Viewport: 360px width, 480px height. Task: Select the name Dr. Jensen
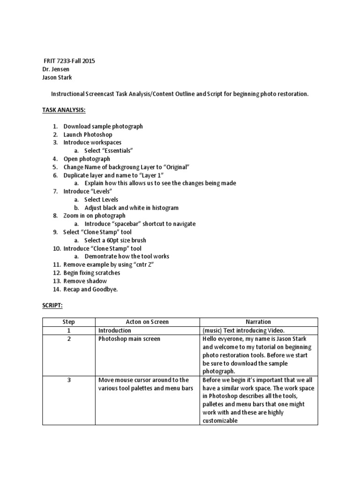[56, 69]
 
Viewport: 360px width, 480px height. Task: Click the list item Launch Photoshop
[88, 135]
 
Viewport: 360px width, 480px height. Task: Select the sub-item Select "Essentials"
[109, 150]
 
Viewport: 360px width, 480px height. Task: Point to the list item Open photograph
[87, 159]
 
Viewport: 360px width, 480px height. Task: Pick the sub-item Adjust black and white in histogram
[131, 208]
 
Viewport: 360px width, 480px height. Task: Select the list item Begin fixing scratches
[92, 273]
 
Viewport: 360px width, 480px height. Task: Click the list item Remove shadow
[85, 281]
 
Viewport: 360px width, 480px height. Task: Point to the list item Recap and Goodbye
[91, 289]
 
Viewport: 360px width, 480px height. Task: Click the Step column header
[68, 322]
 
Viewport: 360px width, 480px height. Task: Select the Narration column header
[258, 322]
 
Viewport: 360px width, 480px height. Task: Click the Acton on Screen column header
[147, 322]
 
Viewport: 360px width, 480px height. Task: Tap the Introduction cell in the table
[115, 330]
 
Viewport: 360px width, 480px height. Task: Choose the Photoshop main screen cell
[129, 339]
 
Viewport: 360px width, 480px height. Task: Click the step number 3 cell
[68, 380]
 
